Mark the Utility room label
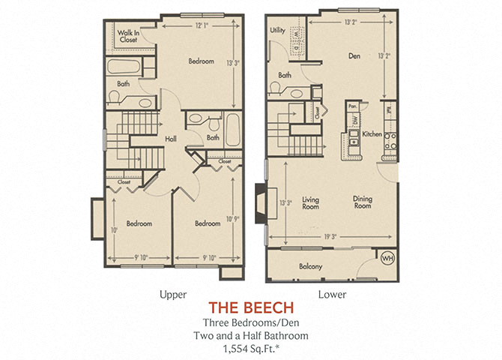click(x=277, y=31)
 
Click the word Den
click(x=355, y=55)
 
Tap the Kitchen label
click(x=372, y=134)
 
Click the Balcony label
click(x=310, y=267)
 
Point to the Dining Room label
click(x=363, y=202)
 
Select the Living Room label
click(x=311, y=202)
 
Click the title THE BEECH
click(x=250, y=307)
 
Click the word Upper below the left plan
click(x=174, y=294)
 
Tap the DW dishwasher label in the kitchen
click(x=354, y=119)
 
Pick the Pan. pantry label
click(x=353, y=106)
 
